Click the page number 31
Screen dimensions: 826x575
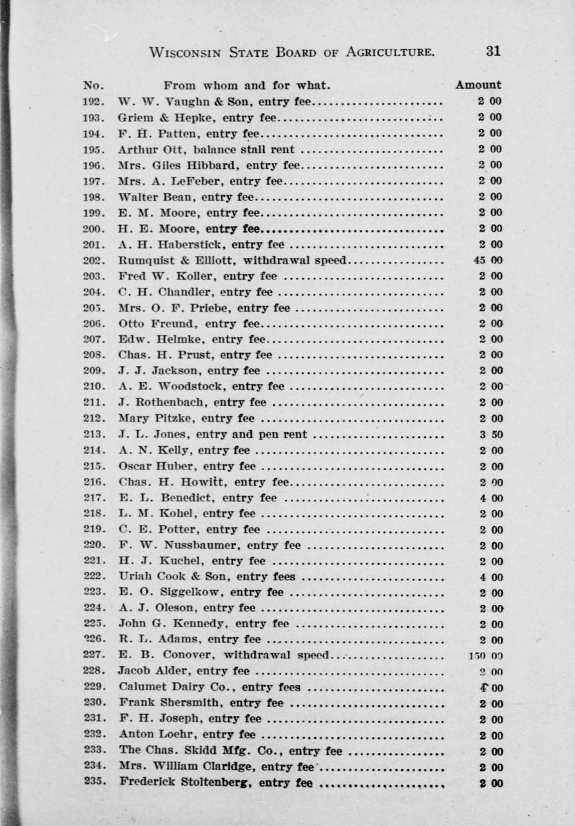pyautogui.click(x=492, y=51)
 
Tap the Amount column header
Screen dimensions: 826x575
pyautogui.click(x=478, y=85)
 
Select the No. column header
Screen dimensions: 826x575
pyautogui.click(x=94, y=85)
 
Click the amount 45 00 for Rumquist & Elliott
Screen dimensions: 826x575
pyautogui.click(x=488, y=260)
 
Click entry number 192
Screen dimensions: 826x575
pyautogui.click(x=94, y=102)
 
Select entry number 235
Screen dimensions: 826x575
pyautogui.click(x=95, y=781)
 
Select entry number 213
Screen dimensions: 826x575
pyautogui.click(x=95, y=435)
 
